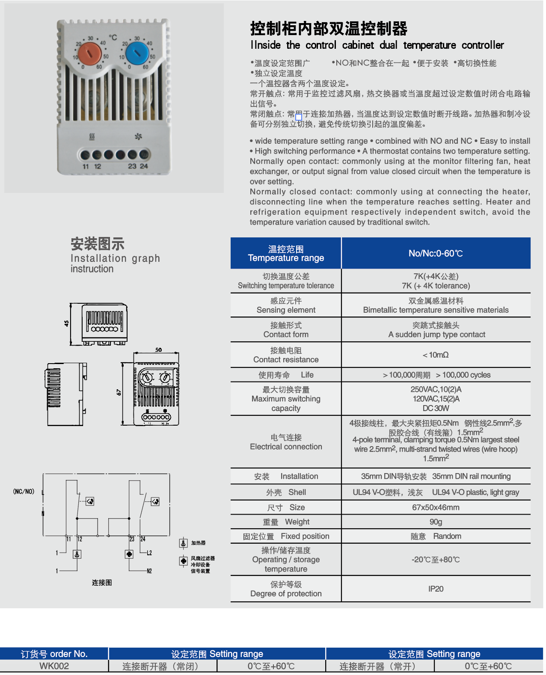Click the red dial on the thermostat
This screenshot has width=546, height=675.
(x=90, y=53)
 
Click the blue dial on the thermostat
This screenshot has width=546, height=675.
(x=137, y=53)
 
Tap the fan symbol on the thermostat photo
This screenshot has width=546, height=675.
(x=138, y=136)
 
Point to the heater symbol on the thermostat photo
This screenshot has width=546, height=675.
(x=92, y=136)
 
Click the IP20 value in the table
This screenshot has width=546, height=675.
(x=436, y=589)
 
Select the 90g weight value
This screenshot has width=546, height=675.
(x=436, y=522)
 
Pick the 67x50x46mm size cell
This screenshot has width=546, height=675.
(x=436, y=507)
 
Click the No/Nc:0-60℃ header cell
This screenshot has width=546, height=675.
(x=436, y=253)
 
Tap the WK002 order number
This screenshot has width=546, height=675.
(x=54, y=666)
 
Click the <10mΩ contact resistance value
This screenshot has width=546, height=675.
(x=436, y=355)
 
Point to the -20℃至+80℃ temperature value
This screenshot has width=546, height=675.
(x=436, y=560)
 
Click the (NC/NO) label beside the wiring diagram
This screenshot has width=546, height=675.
(x=24, y=491)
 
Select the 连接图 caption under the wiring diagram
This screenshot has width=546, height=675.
(x=102, y=583)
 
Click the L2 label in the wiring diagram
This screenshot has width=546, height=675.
(x=149, y=553)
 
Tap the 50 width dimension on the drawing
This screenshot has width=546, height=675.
(x=158, y=350)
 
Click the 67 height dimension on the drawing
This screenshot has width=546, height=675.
(x=119, y=392)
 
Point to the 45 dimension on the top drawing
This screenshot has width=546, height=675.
(x=66, y=324)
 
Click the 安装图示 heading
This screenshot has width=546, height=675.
(x=98, y=244)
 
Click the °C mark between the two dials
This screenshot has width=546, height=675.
(x=113, y=38)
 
